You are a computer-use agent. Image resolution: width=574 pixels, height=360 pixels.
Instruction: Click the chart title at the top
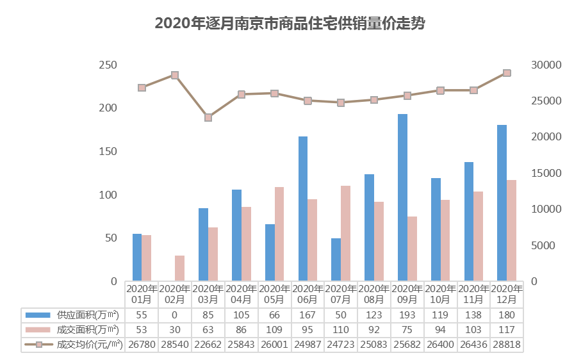point(290,24)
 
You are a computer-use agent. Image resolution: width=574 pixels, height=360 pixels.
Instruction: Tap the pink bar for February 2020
point(179,268)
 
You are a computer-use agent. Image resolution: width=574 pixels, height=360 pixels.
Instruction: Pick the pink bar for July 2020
point(345,233)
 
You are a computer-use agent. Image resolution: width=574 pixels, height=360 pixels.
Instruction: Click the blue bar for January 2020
point(137,257)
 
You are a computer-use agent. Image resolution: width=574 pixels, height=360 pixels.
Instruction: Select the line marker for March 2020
point(208,117)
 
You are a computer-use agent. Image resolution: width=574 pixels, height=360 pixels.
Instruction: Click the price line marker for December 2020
point(507,73)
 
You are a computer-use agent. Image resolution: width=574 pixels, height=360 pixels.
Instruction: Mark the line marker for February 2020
point(175,75)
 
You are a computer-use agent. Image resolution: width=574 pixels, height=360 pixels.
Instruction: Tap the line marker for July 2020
point(341,102)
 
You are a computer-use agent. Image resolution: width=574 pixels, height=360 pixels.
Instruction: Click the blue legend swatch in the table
point(37,315)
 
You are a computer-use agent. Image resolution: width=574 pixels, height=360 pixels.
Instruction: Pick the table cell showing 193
point(407,315)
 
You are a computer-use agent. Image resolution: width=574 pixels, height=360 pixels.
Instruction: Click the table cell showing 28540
point(174,345)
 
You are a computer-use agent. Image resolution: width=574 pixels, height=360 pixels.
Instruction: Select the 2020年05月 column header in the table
point(274,294)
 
